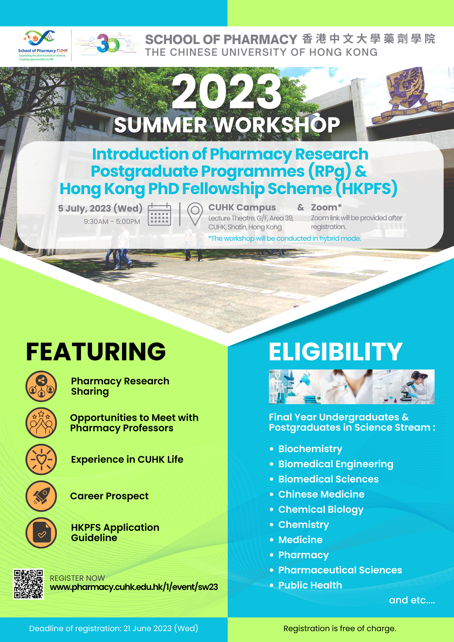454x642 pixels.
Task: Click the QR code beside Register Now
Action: coord(28,584)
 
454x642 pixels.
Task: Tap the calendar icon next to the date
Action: coord(160,214)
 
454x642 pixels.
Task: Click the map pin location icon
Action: coord(195,214)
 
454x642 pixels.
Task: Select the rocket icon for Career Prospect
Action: coord(41,496)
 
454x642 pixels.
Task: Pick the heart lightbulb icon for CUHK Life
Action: coord(41,460)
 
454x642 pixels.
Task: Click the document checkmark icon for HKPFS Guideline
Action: coord(41,533)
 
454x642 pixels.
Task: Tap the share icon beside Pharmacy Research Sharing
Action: coord(41,386)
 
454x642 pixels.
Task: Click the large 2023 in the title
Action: coord(227,92)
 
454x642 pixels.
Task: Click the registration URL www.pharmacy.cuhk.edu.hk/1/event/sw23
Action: coord(134,587)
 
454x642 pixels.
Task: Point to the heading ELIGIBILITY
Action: coord(336,352)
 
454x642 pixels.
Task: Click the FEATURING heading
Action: coord(96,352)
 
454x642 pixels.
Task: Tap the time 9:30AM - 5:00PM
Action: coord(112,221)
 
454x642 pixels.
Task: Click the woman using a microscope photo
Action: coord(404,387)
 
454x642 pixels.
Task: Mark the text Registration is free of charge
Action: coord(340,628)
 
